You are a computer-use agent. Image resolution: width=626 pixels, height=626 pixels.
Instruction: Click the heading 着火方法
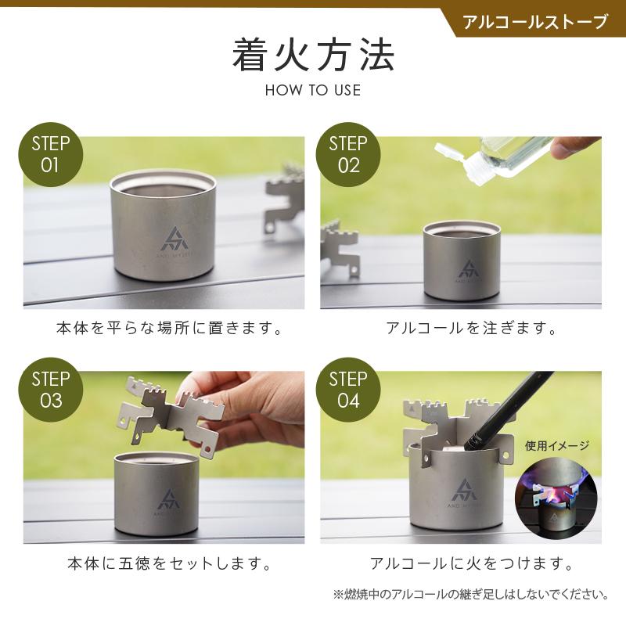[314, 56]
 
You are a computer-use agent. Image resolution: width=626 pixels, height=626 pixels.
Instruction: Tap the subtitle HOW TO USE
[313, 90]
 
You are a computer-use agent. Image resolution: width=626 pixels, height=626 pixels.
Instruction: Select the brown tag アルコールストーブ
[535, 22]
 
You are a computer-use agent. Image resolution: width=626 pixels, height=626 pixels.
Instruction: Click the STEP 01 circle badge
[51, 154]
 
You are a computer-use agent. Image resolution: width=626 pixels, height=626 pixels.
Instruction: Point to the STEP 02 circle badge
[348, 154]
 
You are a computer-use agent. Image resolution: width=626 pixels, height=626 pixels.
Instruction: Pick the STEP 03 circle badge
[51, 390]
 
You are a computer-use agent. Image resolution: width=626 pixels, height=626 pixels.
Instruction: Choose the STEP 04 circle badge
[348, 390]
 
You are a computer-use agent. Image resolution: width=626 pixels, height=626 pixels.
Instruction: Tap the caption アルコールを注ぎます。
[472, 328]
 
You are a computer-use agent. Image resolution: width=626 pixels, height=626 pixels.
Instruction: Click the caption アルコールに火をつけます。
[472, 563]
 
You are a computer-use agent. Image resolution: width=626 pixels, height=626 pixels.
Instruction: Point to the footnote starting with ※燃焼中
[471, 595]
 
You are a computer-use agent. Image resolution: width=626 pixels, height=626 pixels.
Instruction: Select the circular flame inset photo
[556, 497]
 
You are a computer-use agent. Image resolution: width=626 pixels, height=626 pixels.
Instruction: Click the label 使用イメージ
[557, 445]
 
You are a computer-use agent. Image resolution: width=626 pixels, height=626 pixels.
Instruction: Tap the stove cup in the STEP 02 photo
[461, 261]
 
